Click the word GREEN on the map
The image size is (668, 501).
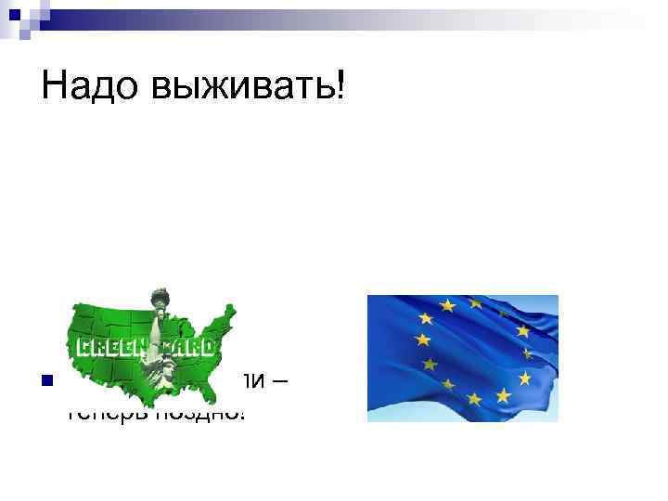(x=107, y=348)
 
